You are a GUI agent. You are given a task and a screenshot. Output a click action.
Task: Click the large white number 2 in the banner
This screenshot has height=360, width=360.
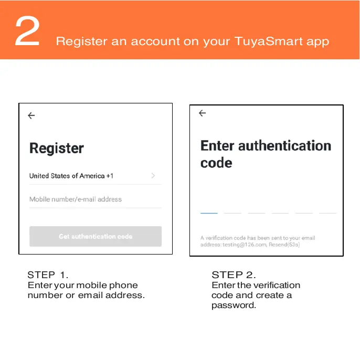pyautogui.click(x=27, y=31)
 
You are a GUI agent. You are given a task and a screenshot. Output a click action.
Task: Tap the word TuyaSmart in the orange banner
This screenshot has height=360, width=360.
pyautogui.click(x=268, y=41)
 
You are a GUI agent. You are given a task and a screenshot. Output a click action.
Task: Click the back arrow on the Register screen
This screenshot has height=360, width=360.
pyautogui.click(x=31, y=115)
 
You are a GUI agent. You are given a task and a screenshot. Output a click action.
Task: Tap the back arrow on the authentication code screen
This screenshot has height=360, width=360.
pyautogui.click(x=202, y=113)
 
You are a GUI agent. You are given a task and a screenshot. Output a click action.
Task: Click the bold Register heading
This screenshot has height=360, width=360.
pyautogui.click(x=57, y=149)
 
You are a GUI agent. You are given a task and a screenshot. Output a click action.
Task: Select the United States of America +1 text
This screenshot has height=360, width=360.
pyautogui.click(x=71, y=176)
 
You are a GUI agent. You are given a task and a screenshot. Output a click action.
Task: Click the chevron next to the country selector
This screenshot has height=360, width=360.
pyautogui.click(x=153, y=176)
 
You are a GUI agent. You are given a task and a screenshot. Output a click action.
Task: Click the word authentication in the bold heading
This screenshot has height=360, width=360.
pyautogui.click(x=284, y=145)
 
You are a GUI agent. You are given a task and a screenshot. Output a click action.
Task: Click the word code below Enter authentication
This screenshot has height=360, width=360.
pyautogui.click(x=216, y=163)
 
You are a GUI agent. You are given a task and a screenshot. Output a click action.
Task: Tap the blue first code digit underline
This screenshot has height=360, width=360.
pyautogui.click(x=209, y=213)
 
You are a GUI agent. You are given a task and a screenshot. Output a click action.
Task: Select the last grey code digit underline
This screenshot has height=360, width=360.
pyautogui.click(x=327, y=213)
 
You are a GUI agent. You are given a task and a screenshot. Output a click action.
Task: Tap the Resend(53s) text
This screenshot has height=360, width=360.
pyautogui.click(x=284, y=245)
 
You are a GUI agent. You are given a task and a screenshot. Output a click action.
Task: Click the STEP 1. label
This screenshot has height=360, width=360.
pyautogui.click(x=48, y=275)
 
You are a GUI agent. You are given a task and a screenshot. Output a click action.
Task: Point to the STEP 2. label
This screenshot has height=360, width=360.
pyautogui.click(x=234, y=275)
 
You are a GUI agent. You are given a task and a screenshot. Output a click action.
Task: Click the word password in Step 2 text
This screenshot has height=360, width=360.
pyautogui.click(x=234, y=305)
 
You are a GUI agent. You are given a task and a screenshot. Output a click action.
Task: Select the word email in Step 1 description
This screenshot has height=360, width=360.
pyautogui.click(x=90, y=295)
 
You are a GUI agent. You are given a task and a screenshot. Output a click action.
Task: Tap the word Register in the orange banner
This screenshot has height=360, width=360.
pyautogui.click(x=81, y=42)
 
